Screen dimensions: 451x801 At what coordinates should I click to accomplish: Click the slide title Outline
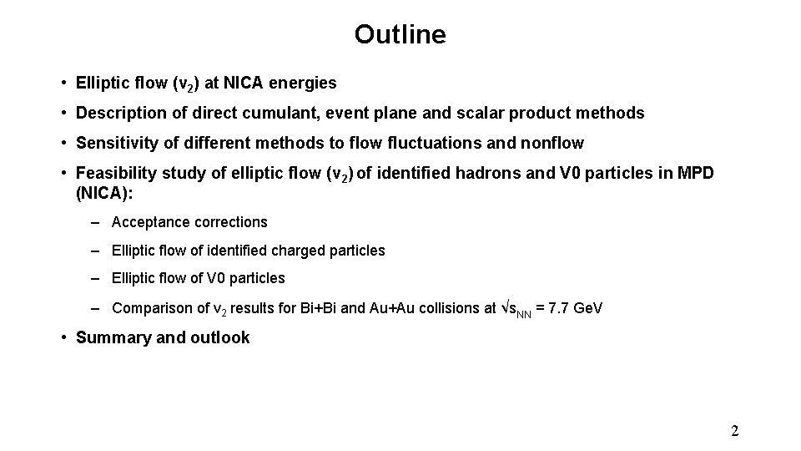(x=400, y=34)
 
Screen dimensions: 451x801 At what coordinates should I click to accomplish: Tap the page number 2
(x=734, y=431)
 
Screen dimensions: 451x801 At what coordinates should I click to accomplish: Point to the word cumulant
(x=275, y=113)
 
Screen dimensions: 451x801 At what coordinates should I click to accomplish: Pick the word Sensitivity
(x=113, y=143)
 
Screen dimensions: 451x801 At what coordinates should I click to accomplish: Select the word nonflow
(x=552, y=143)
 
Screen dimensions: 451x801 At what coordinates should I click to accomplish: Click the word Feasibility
(x=113, y=173)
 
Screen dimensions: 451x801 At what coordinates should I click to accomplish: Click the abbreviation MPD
(x=698, y=173)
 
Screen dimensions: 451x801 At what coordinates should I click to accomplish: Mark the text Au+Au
(x=392, y=308)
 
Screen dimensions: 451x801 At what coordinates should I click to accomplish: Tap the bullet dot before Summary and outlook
(x=63, y=337)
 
